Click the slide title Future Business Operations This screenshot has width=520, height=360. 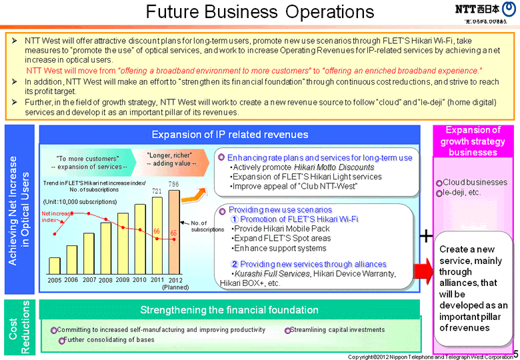[x=259, y=13]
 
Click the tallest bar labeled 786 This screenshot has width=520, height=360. [x=174, y=232]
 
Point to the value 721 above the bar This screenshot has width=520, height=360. [x=157, y=191]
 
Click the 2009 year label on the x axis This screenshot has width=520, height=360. [x=122, y=280]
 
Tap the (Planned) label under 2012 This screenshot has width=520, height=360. [x=176, y=287]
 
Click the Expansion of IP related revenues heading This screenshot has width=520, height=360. [x=230, y=135]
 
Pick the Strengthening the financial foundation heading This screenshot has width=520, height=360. [x=229, y=310]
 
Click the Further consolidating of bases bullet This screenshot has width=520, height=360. [x=109, y=340]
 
